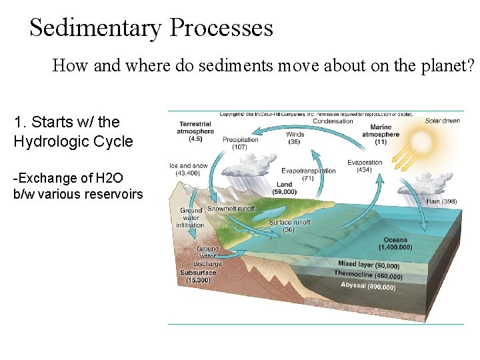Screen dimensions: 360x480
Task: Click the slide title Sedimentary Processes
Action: coord(151,28)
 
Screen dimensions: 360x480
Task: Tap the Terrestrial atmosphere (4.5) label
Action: coord(195,131)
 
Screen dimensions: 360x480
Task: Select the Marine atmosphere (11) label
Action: coord(381,134)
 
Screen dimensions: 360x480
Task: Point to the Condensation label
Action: coord(333,121)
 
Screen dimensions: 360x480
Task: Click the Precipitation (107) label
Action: coord(241,143)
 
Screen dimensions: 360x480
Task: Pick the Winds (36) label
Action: coord(294,138)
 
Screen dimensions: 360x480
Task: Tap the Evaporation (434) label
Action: coord(365,166)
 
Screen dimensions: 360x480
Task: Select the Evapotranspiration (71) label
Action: coord(308,174)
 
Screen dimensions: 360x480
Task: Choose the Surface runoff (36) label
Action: coord(289,226)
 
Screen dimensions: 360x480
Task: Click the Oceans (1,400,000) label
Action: coord(395,243)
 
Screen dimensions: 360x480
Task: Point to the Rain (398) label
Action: coord(441,201)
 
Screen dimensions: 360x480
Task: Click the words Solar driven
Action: coord(442,121)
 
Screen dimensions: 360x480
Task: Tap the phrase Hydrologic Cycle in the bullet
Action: coord(73,141)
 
